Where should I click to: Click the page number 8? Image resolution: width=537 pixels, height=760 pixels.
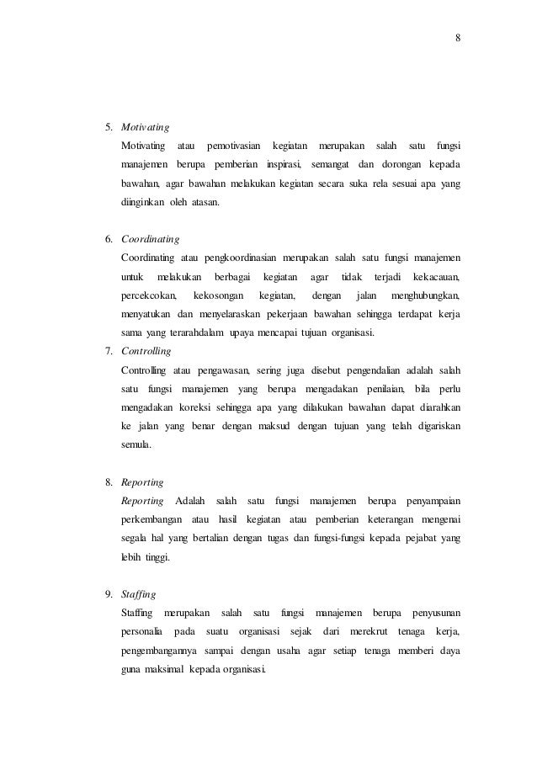coord(459,37)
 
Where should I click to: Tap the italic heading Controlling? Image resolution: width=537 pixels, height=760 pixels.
coord(146,350)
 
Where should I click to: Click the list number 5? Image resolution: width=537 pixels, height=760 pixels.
coord(109,128)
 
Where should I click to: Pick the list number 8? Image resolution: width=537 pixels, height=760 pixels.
coord(109,483)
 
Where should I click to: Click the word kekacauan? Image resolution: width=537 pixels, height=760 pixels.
coord(441,277)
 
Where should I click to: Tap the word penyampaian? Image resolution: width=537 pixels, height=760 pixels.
coord(439,502)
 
